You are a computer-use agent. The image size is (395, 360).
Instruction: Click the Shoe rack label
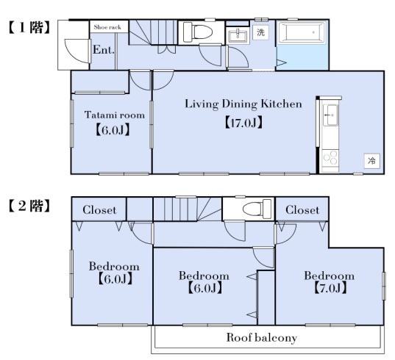tap(107, 27)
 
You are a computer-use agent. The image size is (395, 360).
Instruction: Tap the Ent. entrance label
tap(104, 50)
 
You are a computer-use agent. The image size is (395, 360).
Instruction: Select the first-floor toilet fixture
tap(197, 32)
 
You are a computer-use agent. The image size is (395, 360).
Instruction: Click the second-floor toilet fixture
tap(257, 209)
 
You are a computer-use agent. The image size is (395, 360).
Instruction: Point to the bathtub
tap(302, 32)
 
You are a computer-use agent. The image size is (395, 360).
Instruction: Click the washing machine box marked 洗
tap(260, 32)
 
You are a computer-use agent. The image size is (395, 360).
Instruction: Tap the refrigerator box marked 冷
tap(371, 160)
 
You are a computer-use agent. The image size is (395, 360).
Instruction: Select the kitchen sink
tap(330, 115)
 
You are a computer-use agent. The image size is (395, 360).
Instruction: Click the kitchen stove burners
tap(330, 158)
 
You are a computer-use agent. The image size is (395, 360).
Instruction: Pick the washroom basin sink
tap(238, 36)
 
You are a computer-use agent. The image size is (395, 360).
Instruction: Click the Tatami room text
tap(115, 115)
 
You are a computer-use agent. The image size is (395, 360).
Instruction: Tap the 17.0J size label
tap(243, 123)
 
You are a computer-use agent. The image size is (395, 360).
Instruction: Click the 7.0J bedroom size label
tap(330, 288)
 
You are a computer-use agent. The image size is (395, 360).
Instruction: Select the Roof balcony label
tap(262, 338)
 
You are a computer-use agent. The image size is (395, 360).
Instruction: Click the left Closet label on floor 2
tap(99, 210)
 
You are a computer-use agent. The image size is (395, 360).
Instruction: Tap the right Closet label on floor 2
tap(302, 209)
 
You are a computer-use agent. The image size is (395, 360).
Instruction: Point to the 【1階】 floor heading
tap(29, 27)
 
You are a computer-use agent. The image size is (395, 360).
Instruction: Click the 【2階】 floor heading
tap(29, 206)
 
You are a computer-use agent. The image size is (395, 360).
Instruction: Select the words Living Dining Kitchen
tap(243, 104)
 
